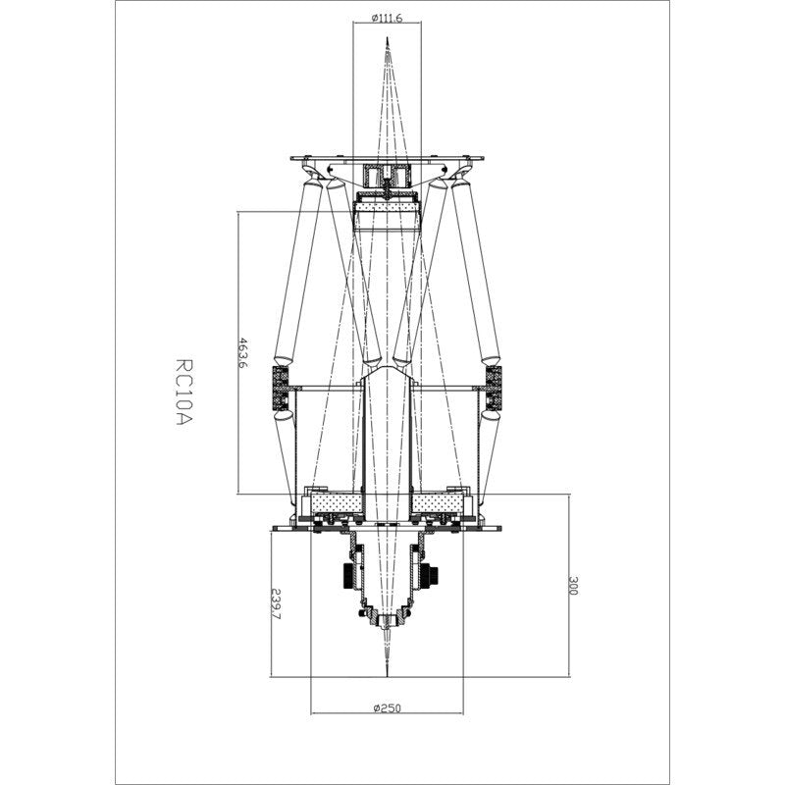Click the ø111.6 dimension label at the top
(x=390, y=17)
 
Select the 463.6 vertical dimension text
(x=242, y=352)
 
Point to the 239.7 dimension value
(x=275, y=604)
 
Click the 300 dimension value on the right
(x=574, y=586)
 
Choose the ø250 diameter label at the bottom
(x=389, y=707)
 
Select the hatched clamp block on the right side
(x=493, y=388)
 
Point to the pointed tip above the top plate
(x=389, y=44)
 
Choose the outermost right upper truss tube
(x=479, y=275)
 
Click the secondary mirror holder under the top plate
(x=389, y=179)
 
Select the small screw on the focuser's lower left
(x=365, y=614)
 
